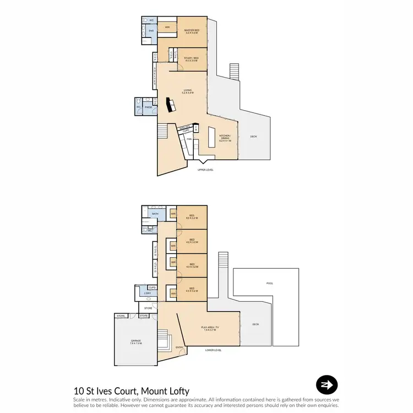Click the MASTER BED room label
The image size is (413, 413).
(191, 31)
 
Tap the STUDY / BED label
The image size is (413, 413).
(191, 57)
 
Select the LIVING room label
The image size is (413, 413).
(187, 92)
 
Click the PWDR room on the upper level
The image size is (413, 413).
(148, 107)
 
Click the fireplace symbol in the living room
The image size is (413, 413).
(170, 104)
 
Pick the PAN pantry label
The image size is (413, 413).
(188, 139)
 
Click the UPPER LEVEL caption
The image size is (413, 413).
(205, 170)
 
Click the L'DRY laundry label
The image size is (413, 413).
(148, 294)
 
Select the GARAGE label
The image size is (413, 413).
(135, 342)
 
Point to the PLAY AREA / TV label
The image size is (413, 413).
(210, 329)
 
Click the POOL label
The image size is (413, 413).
(269, 284)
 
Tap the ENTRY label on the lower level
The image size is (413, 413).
(179, 347)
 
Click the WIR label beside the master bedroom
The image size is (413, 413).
(166, 26)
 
